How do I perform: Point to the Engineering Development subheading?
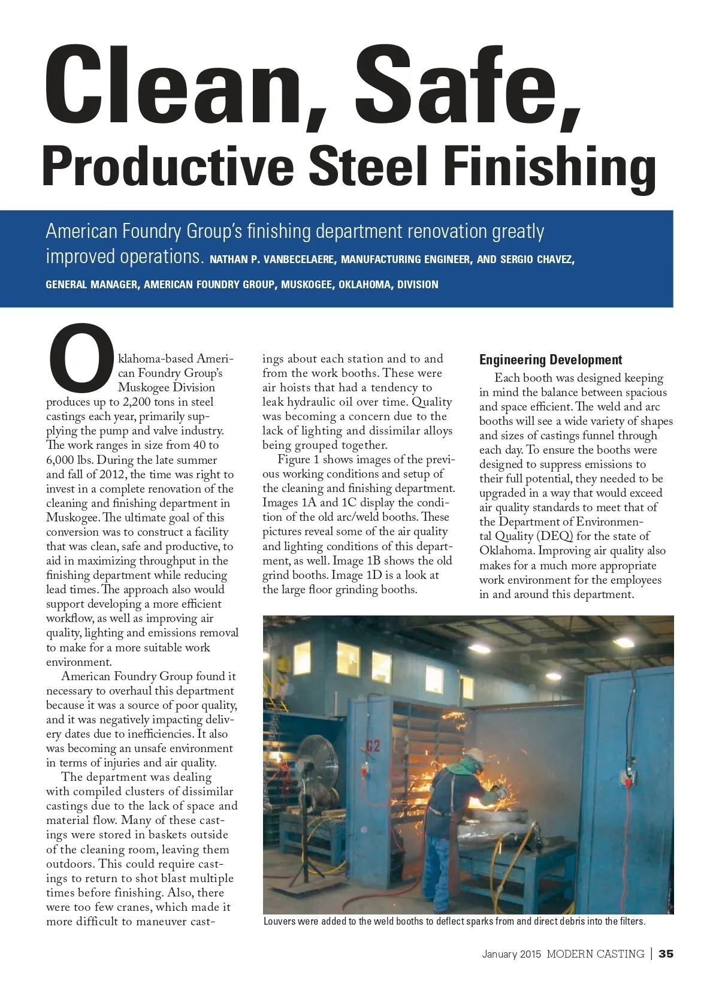pyautogui.click(x=551, y=360)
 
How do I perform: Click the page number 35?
pyautogui.click(x=666, y=953)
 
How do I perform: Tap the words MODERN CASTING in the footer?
pyautogui.click(x=595, y=953)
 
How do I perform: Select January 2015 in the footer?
pyautogui.click(x=512, y=953)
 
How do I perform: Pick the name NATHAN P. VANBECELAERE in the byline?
pyautogui.click(x=273, y=259)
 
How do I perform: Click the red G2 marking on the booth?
pyautogui.click(x=374, y=745)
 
